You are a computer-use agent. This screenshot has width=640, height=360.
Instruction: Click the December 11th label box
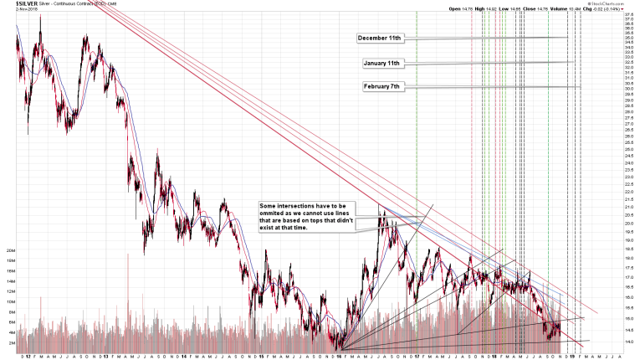(380, 39)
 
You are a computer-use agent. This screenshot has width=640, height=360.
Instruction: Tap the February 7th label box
(382, 86)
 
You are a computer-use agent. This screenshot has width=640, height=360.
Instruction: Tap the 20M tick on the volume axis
(9, 250)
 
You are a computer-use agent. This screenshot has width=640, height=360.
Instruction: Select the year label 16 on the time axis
(339, 355)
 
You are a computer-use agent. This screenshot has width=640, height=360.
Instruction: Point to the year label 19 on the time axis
(573, 355)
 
